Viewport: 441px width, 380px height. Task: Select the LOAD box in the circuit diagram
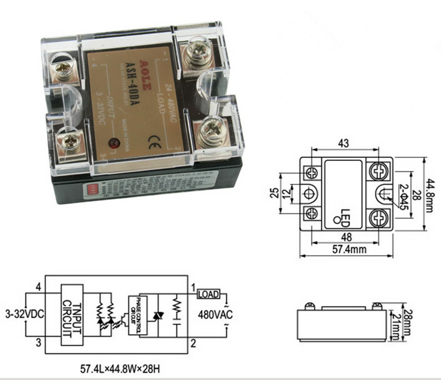coord(208,294)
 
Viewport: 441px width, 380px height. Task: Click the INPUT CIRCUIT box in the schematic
coord(72,315)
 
